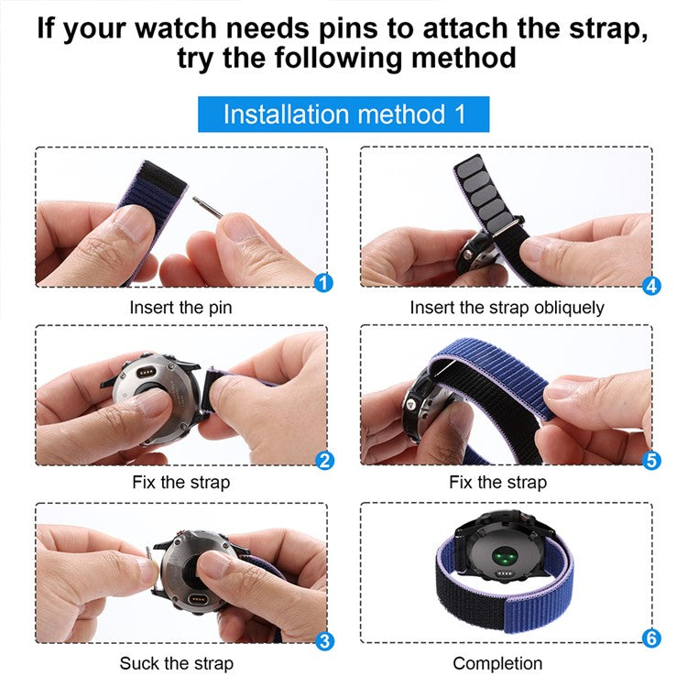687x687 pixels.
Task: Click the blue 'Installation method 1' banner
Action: point(343,114)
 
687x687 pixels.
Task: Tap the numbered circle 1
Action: point(322,282)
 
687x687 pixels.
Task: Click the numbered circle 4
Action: point(651,285)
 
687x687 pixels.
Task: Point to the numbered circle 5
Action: point(651,460)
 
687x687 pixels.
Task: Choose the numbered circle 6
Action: point(651,638)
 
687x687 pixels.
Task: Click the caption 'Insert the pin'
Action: point(180,308)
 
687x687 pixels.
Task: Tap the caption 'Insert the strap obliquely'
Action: point(507,308)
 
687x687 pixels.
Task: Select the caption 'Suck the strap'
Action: point(176,663)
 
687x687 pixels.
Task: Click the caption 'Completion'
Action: point(497,663)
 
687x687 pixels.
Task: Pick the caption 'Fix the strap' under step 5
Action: point(497,482)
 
